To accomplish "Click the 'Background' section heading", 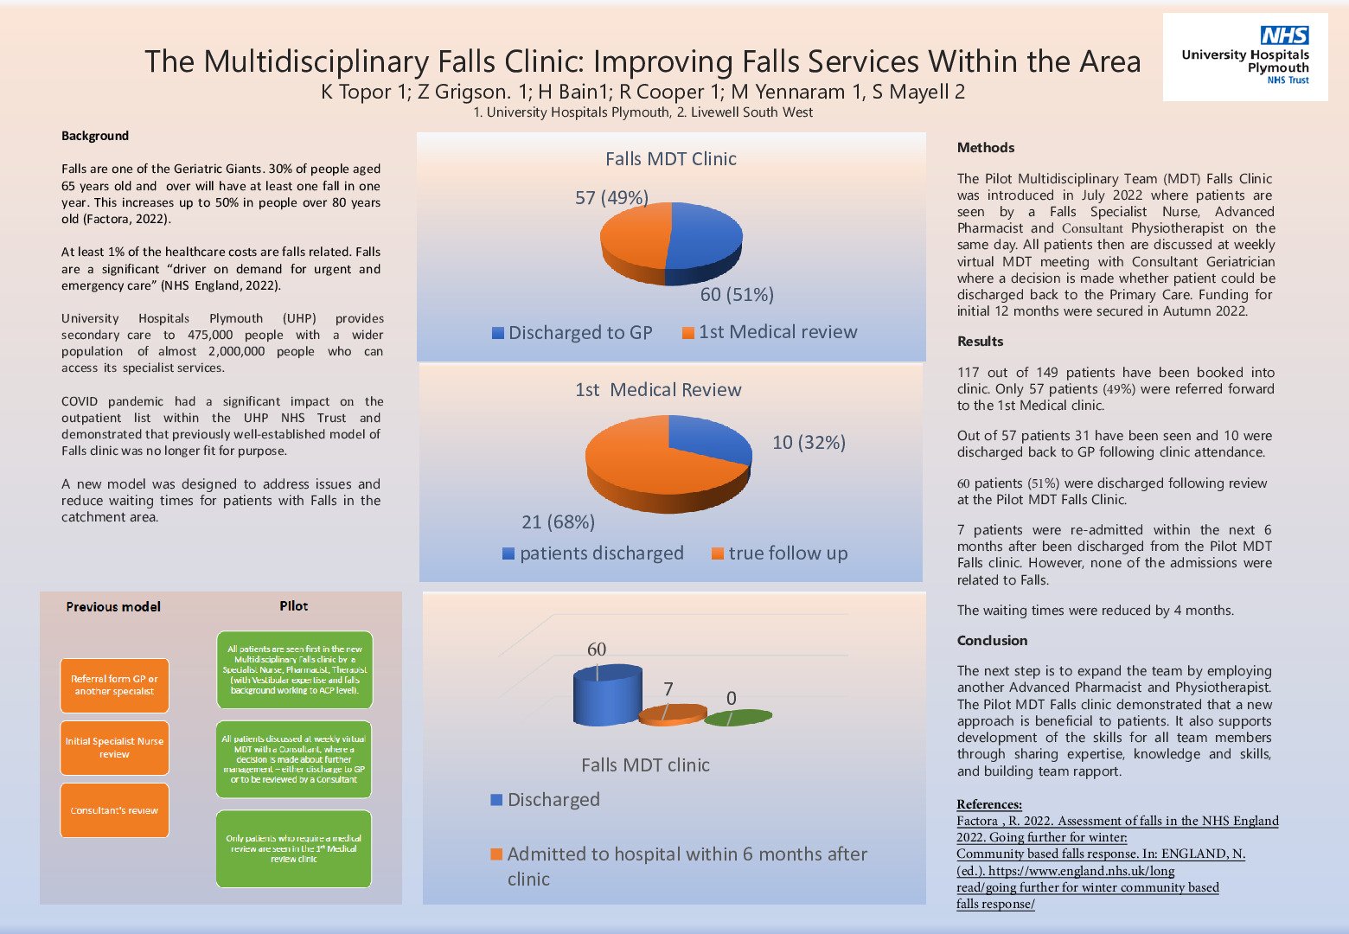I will [x=95, y=136].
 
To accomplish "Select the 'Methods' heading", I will [x=985, y=148].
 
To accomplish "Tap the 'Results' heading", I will [x=980, y=342].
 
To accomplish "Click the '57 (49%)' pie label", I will [x=611, y=198].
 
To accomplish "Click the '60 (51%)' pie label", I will [x=737, y=295].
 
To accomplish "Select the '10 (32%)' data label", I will [x=809, y=443].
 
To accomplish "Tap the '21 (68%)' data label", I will [x=558, y=522].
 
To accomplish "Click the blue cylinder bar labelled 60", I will [x=607, y=696].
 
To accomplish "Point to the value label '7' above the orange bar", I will [x=668, y=689].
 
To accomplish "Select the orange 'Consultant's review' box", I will [x=114, y=810].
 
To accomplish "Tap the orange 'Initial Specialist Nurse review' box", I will [x=114, y=748].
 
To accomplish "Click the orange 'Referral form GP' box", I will [x=114, y=685].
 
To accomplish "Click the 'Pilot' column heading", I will [x=293, y=606].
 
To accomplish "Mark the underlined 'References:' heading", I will [x=988, y=805].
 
